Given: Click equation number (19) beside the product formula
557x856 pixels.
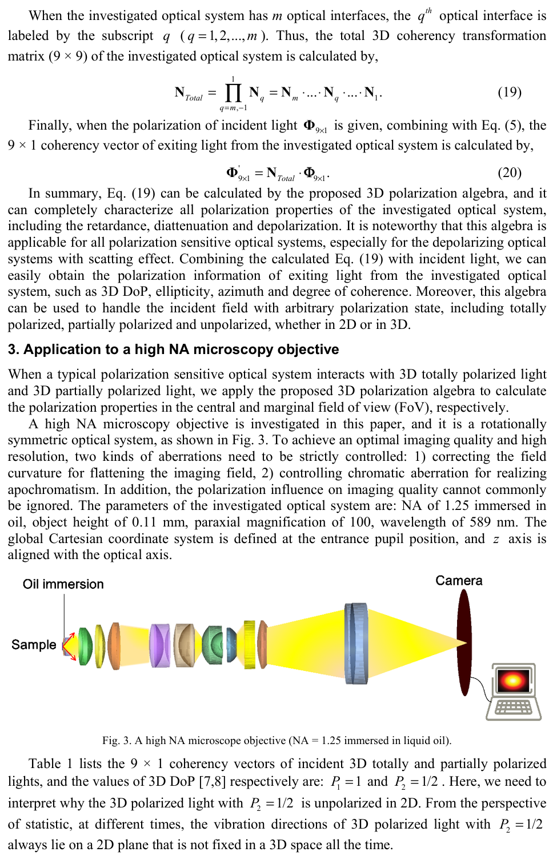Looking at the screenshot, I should (509, 92).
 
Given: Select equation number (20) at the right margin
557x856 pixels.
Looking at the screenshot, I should (509, 172).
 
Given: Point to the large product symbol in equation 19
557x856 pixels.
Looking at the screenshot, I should (233, 92).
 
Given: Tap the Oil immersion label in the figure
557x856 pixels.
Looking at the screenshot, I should (63, 584).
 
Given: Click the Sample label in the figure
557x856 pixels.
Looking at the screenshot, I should (34, 645).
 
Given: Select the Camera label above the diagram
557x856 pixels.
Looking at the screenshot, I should (459, 581).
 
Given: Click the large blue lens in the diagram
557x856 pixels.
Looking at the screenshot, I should (356, 643).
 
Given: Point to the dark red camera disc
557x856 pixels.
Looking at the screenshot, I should (464, 643).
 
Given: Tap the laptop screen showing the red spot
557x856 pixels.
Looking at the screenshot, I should (512, 680).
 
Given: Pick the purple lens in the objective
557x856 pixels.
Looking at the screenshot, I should (160, 645).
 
